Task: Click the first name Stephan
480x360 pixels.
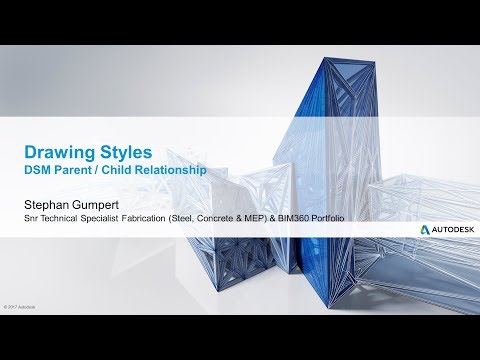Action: (48, 201)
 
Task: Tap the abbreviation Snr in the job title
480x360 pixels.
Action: (33, 217)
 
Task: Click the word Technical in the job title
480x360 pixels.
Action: (63, 217)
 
